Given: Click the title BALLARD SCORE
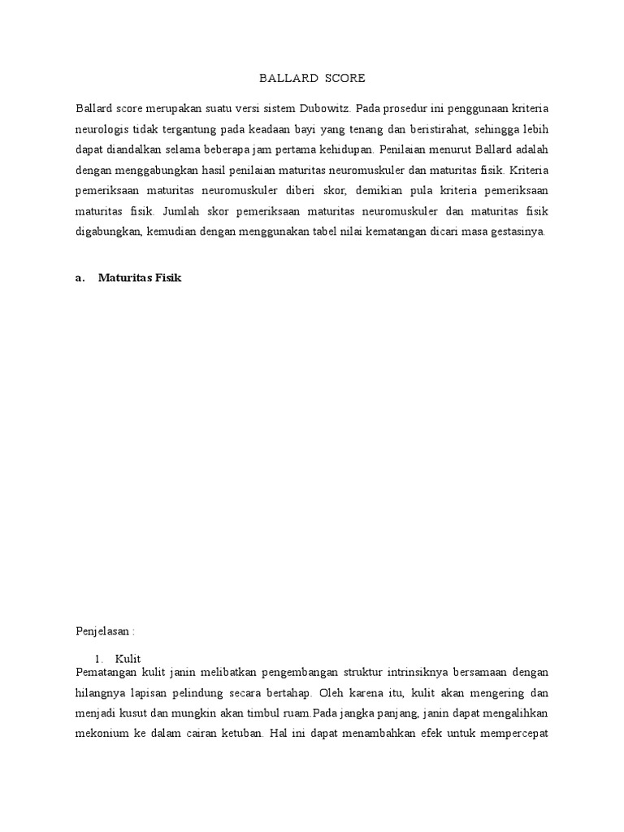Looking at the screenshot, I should (312, 79).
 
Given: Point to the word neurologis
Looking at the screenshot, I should (101, 129).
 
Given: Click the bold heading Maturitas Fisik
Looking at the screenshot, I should (141, 278).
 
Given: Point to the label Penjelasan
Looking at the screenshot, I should (103, 630).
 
